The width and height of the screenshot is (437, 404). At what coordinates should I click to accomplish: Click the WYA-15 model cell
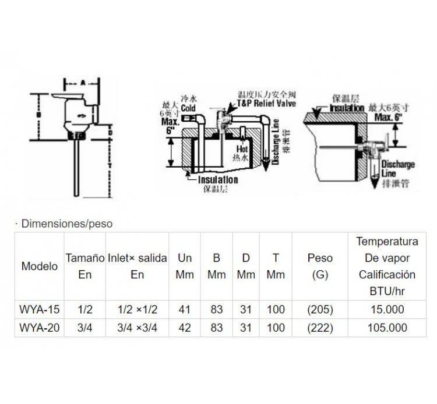[40, 309]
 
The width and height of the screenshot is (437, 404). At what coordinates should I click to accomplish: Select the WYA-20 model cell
[40, 328]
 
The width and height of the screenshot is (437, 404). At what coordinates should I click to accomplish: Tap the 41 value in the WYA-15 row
[185, 309]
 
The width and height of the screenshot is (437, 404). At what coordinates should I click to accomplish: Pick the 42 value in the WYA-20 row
[185, 328]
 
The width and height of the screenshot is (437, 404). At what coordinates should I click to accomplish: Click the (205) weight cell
[320, 309]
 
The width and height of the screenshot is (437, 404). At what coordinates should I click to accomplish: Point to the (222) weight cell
[320, 328]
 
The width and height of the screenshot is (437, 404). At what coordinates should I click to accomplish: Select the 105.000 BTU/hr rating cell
[387, 328]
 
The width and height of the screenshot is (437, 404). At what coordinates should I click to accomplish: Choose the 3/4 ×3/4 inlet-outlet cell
[137, 328]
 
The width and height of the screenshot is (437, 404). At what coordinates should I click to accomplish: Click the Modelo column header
[40, 267]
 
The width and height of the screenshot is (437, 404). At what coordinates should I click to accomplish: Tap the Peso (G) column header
[320, 266]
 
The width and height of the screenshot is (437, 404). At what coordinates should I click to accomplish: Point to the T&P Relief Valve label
[266, 102]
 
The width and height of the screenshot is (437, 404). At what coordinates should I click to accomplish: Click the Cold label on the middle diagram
[188, 108]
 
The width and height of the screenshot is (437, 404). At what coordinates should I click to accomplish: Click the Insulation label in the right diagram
[347, 108]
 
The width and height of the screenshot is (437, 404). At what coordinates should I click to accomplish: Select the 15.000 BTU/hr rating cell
[387, 309]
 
